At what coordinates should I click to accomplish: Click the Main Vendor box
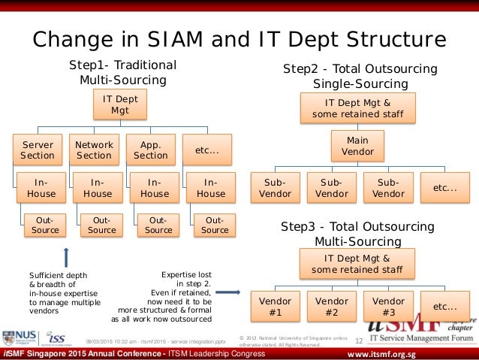tap(357, 146)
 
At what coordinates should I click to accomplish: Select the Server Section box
tap(38, 150)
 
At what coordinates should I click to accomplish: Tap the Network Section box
tap(94, 150)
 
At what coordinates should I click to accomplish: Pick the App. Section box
tap(150, 150)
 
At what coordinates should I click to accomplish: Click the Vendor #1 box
tap(275, 307)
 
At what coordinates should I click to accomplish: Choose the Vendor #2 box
tap(331, 307)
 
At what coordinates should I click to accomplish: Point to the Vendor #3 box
tap(388, 307)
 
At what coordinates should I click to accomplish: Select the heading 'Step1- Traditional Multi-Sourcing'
tap(122, 72)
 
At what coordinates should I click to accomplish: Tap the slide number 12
tap(358, 341)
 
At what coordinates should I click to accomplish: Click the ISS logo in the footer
tap(59, 337)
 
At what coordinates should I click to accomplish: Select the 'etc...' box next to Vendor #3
tap(445, 307)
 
